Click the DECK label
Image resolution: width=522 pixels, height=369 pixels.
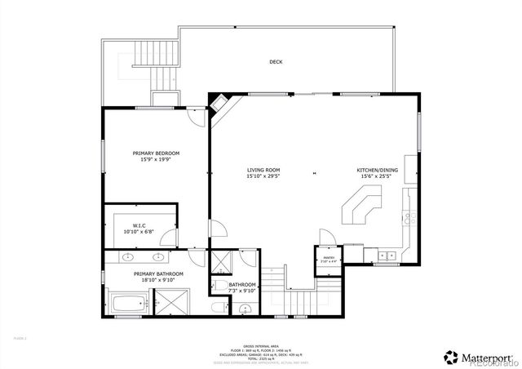pos(276,62)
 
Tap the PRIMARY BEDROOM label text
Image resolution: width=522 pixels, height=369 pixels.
pos(156,153)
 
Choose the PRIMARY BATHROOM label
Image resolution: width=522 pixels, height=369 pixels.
pos(158,274)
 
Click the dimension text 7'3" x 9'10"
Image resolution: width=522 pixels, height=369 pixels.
pos(242,291)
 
